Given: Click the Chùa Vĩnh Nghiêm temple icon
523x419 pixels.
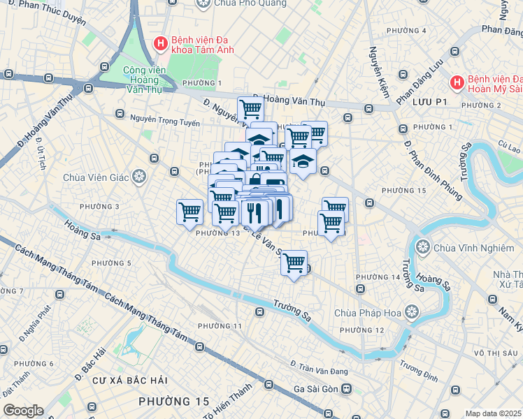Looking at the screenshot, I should coord(423,247).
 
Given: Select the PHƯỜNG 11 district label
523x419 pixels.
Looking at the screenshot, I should coord(220,326).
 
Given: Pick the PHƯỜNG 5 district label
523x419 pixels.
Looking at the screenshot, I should coord(110,263).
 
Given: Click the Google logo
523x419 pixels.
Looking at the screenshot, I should coord(23,411).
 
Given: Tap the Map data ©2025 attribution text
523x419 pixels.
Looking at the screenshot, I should coord(494,413).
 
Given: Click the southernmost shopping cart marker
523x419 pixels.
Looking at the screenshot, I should coord(294,263).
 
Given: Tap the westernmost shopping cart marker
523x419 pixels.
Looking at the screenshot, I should coord(189,211).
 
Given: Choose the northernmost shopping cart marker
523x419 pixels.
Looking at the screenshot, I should coord(250,108).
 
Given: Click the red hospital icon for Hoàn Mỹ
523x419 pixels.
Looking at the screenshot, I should coord(457,82).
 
